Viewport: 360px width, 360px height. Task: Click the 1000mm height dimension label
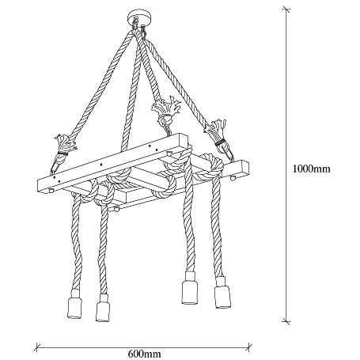[x=311, y=169]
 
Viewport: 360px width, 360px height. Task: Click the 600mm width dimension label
[x=144, y=353]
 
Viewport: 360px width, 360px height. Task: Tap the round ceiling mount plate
[x=139, y=17]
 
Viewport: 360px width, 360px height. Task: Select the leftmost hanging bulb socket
[x=75, y=304]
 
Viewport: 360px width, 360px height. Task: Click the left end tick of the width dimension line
[x=37, y=347]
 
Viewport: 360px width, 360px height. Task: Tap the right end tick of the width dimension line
[x=249, y=347]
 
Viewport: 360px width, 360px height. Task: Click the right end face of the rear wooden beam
[x=244, y=168]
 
